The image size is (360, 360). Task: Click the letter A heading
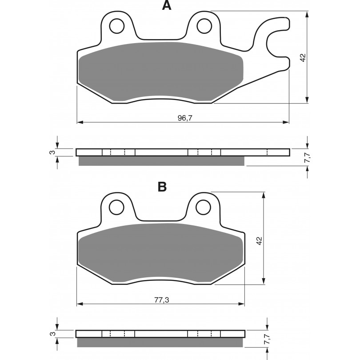(167, 5)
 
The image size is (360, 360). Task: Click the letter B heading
(162, 187)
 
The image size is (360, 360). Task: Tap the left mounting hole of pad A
(117, 26)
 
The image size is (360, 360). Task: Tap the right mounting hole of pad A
(204, 26)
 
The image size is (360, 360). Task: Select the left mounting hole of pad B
(116, 207)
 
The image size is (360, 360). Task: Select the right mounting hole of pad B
(203, 207)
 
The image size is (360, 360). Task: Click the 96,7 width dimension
(185, 118)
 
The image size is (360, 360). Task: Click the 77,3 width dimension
(161, 300)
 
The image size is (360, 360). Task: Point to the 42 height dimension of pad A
(303, 57)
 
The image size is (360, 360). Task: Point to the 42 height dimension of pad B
(259, 240)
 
